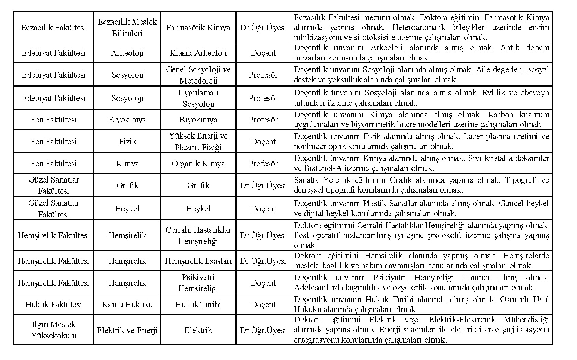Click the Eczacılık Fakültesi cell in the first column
[53, 28]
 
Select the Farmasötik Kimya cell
[198, 28]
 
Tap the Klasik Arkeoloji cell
[198, 53]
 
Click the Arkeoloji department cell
[127, 53]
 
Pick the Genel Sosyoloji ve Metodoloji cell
[198, 75]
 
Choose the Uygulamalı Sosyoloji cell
[198, 98]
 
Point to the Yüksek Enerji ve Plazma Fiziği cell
[198, 141]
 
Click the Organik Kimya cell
[198, 164]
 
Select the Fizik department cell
[127, 141]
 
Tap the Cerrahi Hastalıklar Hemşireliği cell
[198, 235]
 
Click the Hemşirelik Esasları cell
[198, 261]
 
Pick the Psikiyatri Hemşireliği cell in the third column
[198, 283]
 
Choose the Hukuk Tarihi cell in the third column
[198, 305]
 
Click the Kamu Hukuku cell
[127, 305]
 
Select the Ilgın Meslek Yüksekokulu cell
[53, 330]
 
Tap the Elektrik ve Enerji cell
[127, 330]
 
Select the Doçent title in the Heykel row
[263, 209]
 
